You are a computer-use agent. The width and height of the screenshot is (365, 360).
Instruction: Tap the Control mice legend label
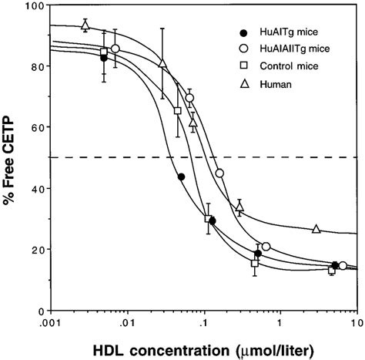click(282, 66)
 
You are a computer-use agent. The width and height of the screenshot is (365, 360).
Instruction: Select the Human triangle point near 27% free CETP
click(316, 229)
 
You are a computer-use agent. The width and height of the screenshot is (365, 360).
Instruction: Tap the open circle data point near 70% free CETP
click(190, 98)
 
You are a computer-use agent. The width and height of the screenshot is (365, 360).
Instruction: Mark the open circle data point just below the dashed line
click(220, 173)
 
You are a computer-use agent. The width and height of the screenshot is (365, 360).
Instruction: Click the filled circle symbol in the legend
click(245, 33)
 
